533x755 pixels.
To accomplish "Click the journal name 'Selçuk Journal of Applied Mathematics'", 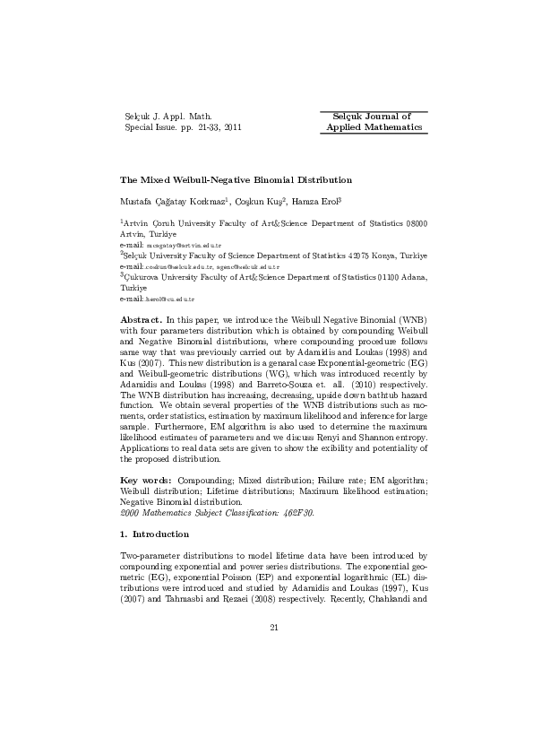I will pos(374,122).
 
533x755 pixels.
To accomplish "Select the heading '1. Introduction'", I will pos(155,534).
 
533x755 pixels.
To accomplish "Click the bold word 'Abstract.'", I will pos(141,319).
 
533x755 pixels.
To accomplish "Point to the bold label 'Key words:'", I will pos(147,482).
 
